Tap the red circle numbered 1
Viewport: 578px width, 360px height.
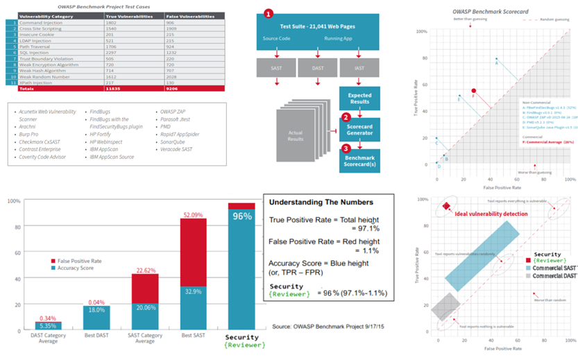pos(269,13)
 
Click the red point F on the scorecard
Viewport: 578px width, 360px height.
pos(474,91)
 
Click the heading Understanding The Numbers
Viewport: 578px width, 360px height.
pos(321,203)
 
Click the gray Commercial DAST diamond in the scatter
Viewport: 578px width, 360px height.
pos(446,305)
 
